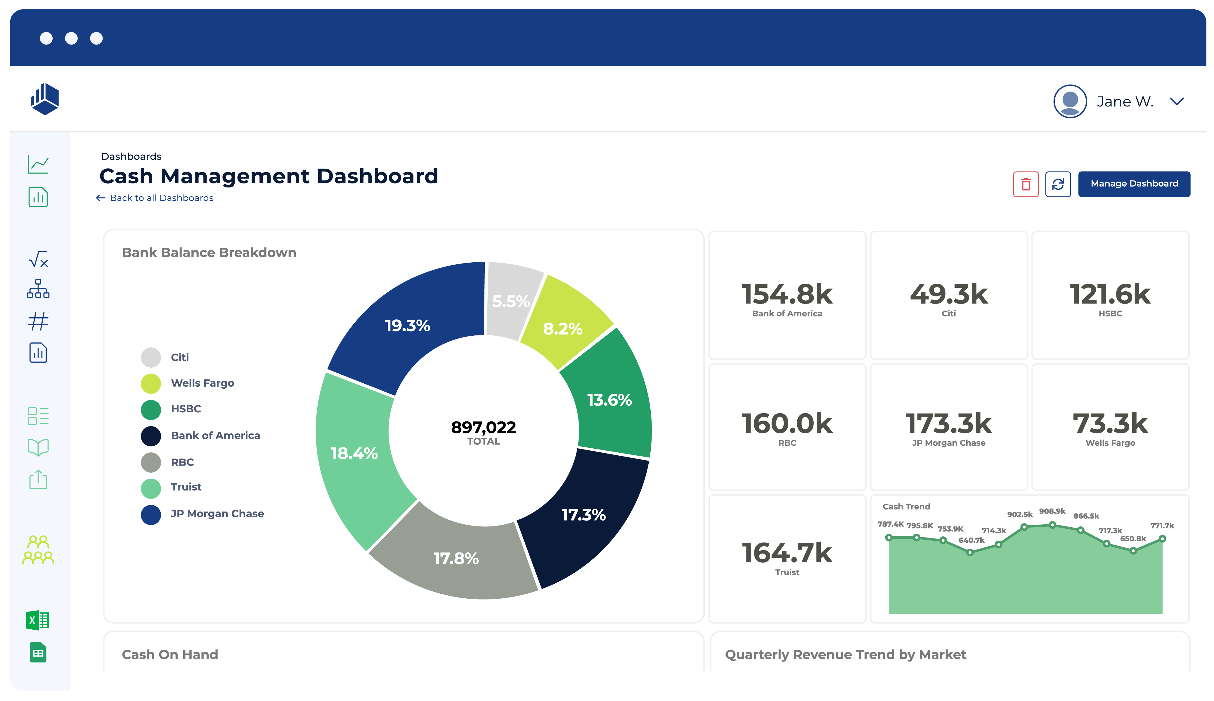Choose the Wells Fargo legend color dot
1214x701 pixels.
pyautogui.click(x=150, y=383)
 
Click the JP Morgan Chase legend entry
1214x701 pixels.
pyautogui.click(x=217, y=514)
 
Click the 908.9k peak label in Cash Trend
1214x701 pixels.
pyautogui.click(x=1052, y=511)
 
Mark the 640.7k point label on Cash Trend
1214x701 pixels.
pyautogui.click(x=971, y=540)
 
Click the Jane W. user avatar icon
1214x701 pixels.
pyautogui.click(x=1070, y=101)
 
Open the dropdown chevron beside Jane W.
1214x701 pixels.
pyautogui.click(x=1177, y=101)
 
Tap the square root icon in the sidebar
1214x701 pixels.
pyautogui.click(x=38, y=259)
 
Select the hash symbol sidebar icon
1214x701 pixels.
pyautogui.click(x=38, y=321)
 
